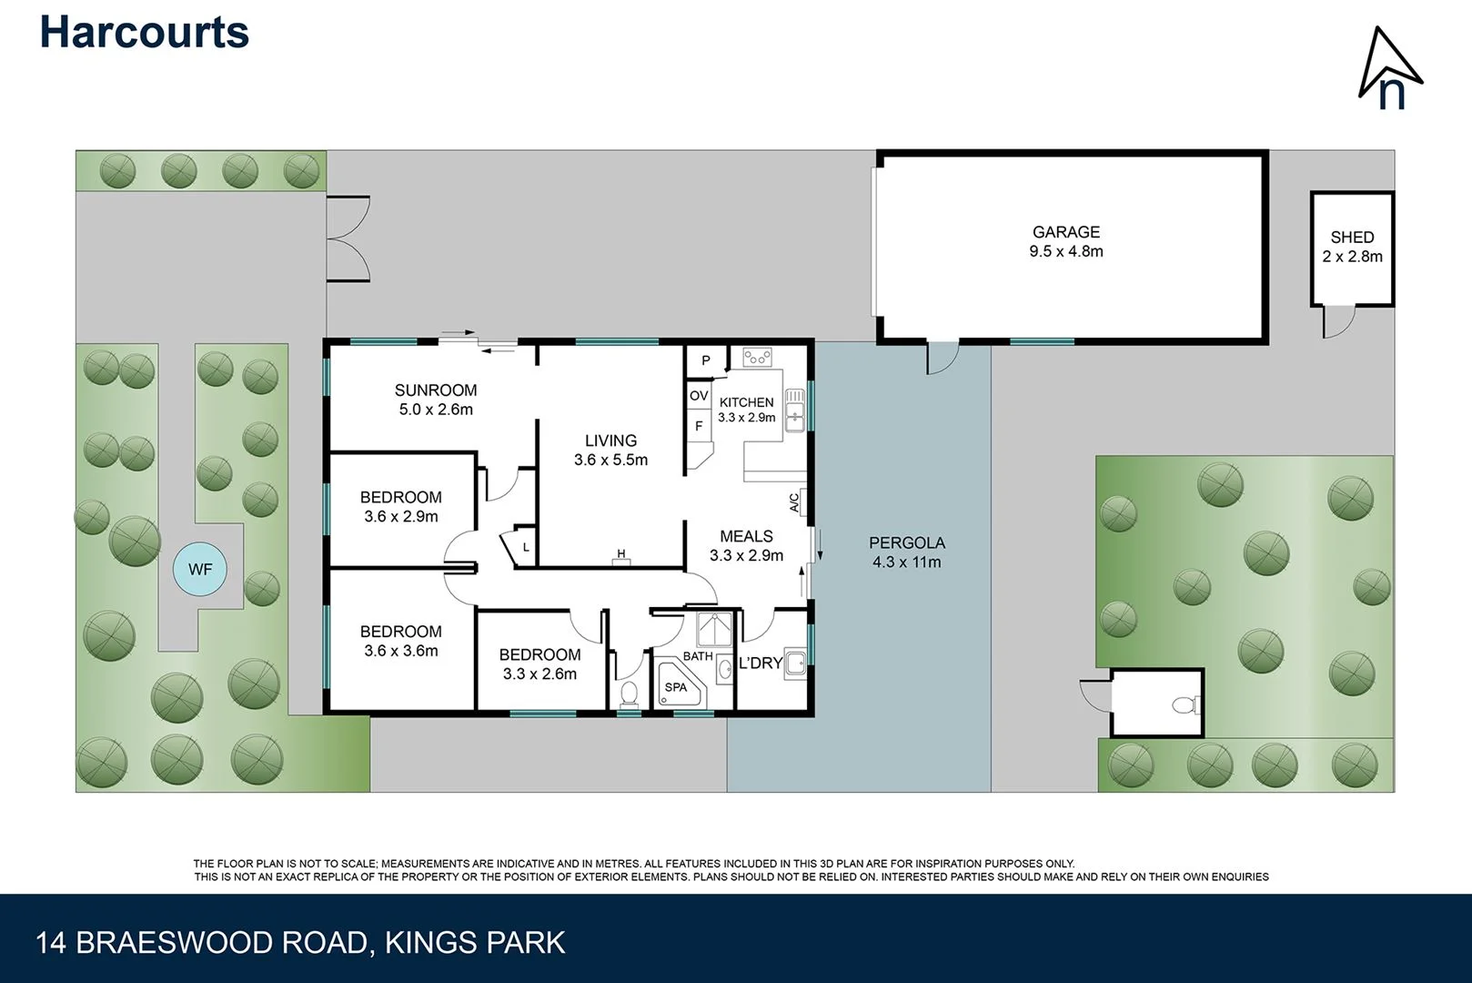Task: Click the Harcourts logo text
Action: [144, 33]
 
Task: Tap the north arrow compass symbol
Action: [1389, 68]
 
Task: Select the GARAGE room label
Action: [1065, 233]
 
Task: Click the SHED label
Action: [1352, 238]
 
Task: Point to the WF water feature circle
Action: [200, 570]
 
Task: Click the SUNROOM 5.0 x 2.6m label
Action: [436, 400]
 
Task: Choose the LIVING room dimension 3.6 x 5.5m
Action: [610, 461]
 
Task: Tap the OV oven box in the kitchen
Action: [699, 396]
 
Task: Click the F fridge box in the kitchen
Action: [699, 426]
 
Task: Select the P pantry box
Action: [705, 361]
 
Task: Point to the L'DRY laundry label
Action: [760, 664]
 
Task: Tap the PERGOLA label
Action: [906, 543]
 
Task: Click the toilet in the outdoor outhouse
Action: [1185, 704]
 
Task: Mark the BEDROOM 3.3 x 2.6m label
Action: [539, 664]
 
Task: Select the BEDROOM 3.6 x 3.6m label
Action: [401, 641]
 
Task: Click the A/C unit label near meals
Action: [794, 502]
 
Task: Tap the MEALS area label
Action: [746, 537]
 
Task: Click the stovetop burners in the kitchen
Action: [757, 357]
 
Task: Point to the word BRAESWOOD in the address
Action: [222, 942]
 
